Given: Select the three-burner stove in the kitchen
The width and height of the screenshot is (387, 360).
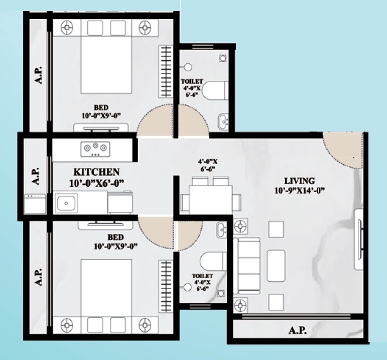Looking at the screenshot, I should pyautogui.click(x=95, y=147).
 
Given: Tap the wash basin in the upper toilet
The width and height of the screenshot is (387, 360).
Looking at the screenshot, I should pyautogui.click(x=223, y=121).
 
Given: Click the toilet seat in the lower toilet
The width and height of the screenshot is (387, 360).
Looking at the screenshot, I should pyautogui.click(x=209, y=261).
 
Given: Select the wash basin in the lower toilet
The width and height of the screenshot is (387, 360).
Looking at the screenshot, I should pyautogui.click(x=223, y=230).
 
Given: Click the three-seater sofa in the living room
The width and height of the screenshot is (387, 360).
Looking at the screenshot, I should pyautogui.click(x=246, y=266).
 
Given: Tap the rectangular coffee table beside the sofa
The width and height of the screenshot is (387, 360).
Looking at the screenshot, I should pyautogui.click(x=276, y=265).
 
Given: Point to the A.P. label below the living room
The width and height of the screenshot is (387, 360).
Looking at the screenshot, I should pyautogui.click(x=298, y=331).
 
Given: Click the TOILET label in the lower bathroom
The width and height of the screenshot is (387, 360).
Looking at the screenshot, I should pyautogui.click(x=203, y=276).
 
